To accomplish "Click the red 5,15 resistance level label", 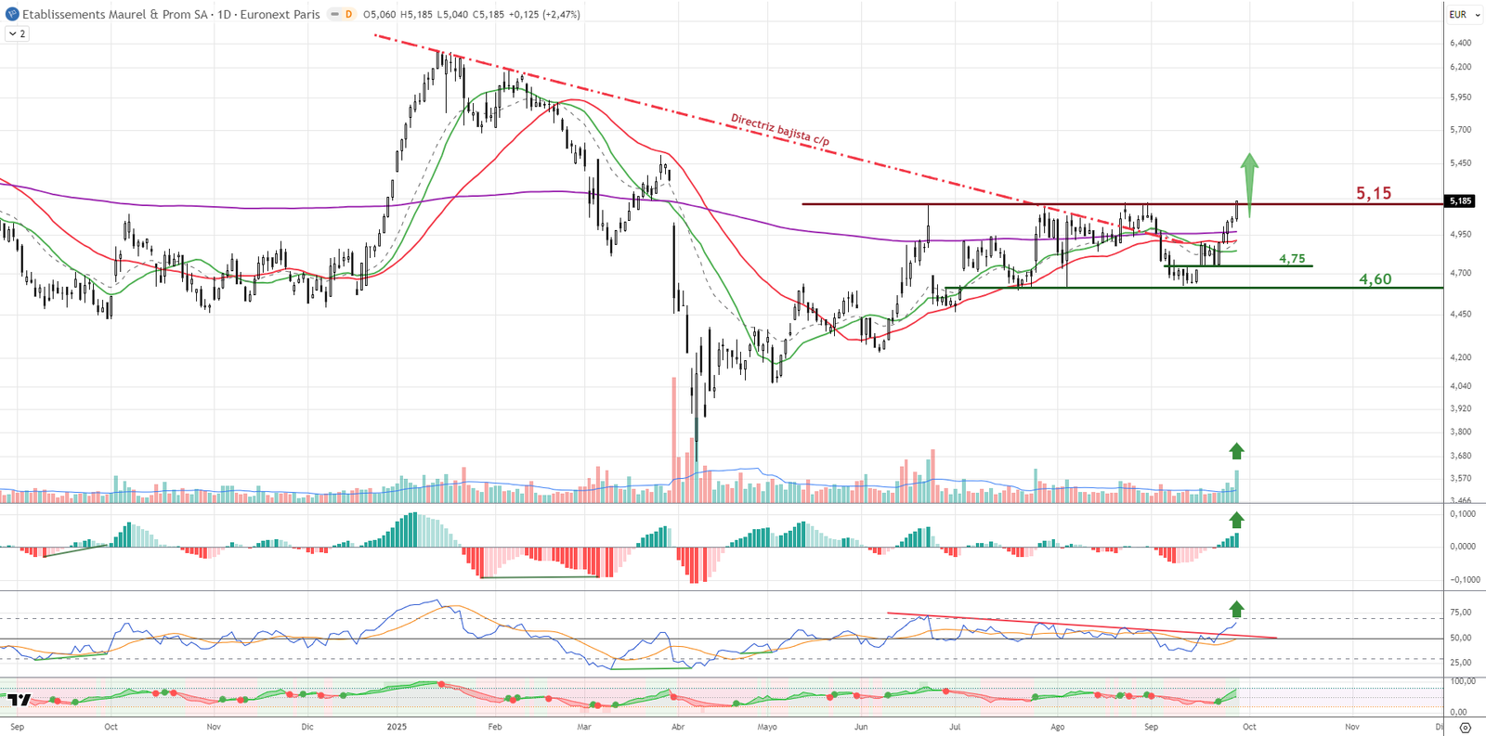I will click(1374, 193).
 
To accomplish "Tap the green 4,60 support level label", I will click(1375, 279).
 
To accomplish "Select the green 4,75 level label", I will click(1292, 259).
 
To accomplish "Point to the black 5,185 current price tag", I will click(1460, 200).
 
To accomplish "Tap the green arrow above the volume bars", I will click(1236, 451).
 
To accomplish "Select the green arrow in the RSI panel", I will click(1236, 609).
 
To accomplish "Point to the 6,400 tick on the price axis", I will click(1460, 43).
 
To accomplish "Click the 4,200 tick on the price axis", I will click(1460, 357).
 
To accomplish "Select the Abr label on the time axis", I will click(678, 727).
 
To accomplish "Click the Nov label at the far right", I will click(1352, 727).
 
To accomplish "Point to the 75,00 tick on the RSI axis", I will click(1460, 613).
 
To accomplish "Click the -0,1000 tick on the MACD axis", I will click(1460, 580).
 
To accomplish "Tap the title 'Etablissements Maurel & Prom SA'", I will click(114, 14).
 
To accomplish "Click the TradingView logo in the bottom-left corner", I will click(20, 700).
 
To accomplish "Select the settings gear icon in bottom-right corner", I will click(1466, 728).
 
